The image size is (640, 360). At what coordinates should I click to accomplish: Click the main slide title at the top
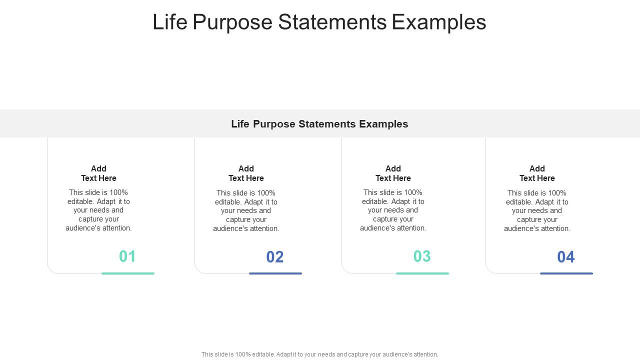point(319,22)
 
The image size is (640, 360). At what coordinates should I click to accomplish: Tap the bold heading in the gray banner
point(319,124)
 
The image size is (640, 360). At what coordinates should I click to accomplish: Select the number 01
point(127,256)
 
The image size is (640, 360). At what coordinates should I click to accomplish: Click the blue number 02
point(275,257)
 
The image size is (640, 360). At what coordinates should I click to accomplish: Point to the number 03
point(422,256)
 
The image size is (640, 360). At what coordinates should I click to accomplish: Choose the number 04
point(566,257)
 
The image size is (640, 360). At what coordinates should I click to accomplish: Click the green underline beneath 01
point(128,273)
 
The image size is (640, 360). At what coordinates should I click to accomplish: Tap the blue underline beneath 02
point(275,273)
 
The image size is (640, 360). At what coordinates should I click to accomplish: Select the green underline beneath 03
point(422,273)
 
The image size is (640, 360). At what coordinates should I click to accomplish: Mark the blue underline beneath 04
point(566,273)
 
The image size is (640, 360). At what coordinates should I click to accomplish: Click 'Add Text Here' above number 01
point(98,173)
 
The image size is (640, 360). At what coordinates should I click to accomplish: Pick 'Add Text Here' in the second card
point(246,173)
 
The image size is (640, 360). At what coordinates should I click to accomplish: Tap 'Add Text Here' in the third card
point(393,173)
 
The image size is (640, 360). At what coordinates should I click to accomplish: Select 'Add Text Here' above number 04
point(537,173)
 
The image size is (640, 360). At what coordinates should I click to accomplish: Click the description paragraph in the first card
point(98,210)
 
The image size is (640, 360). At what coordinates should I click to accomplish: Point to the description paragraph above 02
point(246,211)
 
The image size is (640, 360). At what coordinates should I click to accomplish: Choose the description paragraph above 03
point(393,210)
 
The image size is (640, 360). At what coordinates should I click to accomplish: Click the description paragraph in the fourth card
point(537,211)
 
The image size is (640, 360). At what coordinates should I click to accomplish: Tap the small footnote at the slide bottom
point(319,354)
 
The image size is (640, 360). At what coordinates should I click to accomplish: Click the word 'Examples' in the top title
point(438,22)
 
